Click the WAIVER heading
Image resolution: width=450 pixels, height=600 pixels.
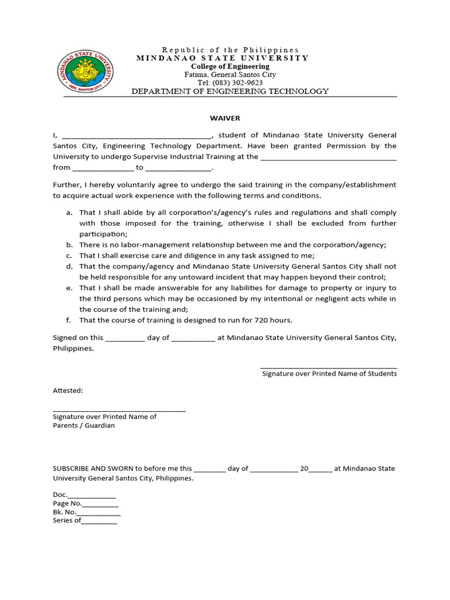[x=229, y=118]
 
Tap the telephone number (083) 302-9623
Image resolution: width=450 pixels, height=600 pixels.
[x=230, y=83]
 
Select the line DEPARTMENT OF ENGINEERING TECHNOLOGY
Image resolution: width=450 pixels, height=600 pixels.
[x=230, y=91]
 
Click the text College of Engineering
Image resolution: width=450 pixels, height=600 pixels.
[x=230, y=67]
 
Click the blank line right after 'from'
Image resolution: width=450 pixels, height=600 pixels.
[x=103, y=168]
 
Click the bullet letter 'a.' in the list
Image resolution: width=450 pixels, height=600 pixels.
[x=69, y=213]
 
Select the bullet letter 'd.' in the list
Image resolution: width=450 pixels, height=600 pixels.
[x=69, y=267]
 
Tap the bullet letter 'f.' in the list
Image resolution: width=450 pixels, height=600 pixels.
[x=69, y=321]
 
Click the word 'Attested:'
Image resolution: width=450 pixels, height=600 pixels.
[x=68, y=390]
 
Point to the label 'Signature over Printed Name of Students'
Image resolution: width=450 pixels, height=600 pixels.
[x=329, y=374]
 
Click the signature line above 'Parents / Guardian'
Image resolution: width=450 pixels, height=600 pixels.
[x=119, y=410]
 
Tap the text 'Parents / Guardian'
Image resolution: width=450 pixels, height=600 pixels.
[x=84, y=426]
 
